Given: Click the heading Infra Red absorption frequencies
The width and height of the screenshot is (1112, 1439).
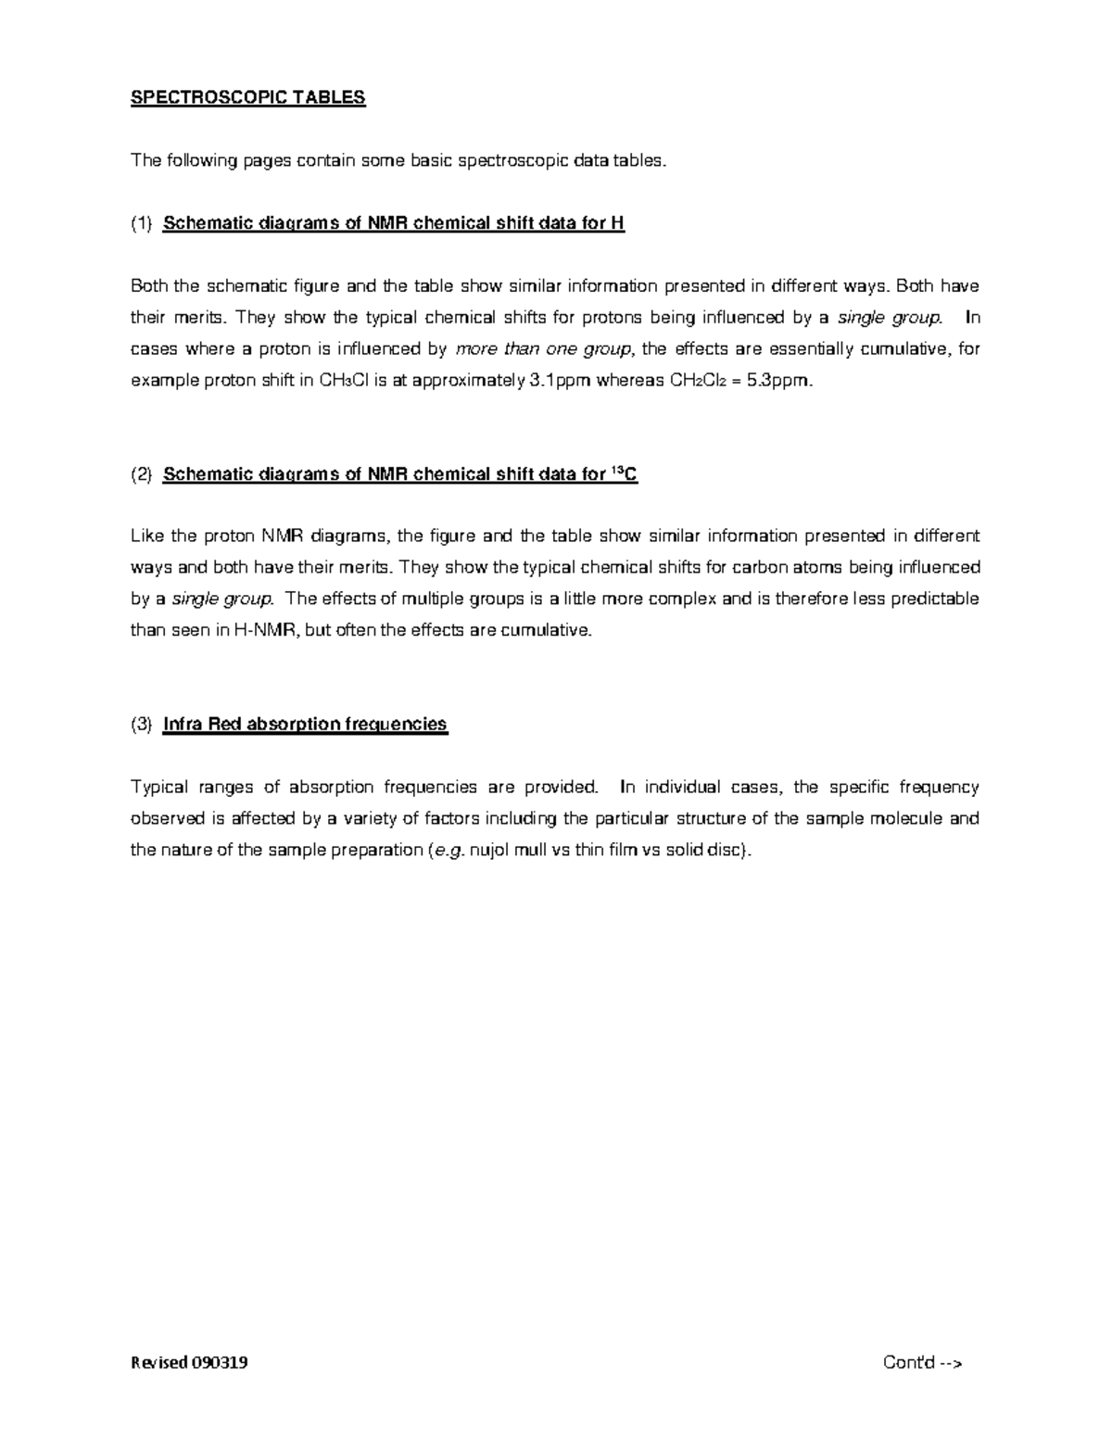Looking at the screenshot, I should (x=305, y=725).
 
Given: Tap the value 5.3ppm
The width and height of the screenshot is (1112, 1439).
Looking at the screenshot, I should (x=779, y=381).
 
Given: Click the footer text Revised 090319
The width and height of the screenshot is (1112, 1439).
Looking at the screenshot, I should (x=189, y=1363).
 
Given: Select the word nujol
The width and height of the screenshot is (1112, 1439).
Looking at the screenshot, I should (x=490, y=851).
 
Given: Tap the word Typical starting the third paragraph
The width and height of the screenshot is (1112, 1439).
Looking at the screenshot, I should (x=159, y=788).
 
